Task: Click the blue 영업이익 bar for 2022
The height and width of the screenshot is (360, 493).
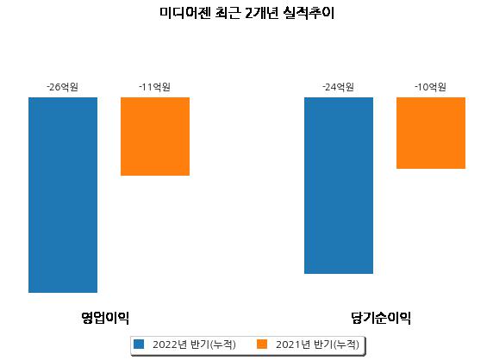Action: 63,195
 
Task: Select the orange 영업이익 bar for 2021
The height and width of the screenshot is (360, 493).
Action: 155,136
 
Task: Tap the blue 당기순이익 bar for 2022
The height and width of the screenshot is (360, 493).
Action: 339,185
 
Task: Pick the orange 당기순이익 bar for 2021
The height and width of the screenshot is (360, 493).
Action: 431,133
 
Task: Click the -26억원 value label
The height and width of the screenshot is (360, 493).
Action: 62,87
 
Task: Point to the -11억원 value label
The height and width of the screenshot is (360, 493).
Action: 154,87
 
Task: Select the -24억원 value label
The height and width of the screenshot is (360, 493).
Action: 339,87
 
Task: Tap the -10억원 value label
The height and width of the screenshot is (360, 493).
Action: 430,87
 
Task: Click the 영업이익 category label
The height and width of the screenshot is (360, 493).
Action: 105,318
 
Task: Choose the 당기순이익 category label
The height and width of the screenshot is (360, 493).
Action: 381,318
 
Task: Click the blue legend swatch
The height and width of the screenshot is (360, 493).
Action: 139,344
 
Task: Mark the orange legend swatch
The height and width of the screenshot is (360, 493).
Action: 262,344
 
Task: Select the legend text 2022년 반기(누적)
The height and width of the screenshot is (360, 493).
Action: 194,344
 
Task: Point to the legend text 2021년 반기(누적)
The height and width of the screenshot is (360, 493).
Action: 317,344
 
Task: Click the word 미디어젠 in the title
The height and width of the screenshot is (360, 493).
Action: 184,13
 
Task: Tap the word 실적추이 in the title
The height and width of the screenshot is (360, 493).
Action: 309,13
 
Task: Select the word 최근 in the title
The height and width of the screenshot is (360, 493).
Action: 228,13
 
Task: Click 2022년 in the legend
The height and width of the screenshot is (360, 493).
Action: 170,344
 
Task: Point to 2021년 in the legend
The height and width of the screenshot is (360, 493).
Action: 293,344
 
